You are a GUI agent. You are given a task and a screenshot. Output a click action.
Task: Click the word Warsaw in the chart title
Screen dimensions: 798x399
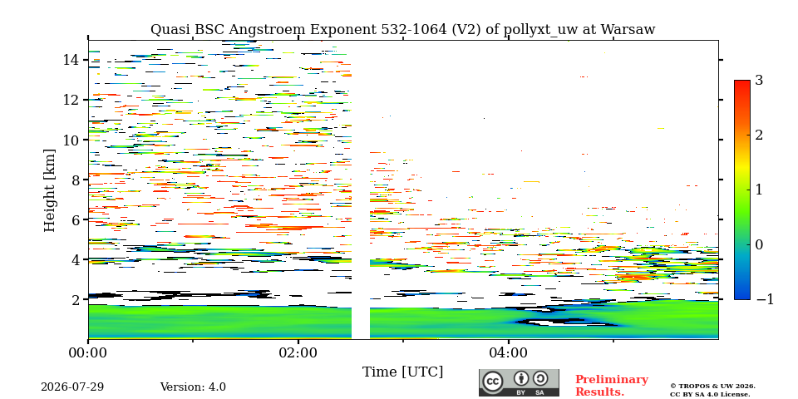tap(628, 30)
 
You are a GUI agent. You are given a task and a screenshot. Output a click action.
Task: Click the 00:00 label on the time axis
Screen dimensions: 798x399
tap(89, 352)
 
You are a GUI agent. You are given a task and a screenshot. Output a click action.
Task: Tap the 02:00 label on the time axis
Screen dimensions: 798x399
tap(298, 352)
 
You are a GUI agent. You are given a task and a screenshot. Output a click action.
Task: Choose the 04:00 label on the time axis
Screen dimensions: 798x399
tap(509, 352)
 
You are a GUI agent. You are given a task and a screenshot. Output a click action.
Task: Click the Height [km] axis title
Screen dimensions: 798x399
tap(49, 190)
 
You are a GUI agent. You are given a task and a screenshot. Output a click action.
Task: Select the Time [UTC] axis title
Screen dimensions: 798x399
tap(402, 372)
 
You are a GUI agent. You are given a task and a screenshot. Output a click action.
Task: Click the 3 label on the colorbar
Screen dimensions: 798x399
tap(759, 81)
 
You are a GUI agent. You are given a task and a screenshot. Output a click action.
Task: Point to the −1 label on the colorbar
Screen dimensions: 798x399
tap(765, 300)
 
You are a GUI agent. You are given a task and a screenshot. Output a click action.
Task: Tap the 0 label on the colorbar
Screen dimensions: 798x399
tap(759, 244)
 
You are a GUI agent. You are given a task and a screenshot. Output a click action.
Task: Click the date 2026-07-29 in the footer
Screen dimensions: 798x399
tap(72, 387)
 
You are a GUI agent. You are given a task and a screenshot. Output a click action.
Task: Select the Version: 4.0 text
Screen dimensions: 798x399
tap(193, 387)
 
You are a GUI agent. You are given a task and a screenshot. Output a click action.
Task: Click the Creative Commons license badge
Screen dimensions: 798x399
tap(519, 382)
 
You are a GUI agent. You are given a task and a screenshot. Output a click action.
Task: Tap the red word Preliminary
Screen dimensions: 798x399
tap(612, 380)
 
